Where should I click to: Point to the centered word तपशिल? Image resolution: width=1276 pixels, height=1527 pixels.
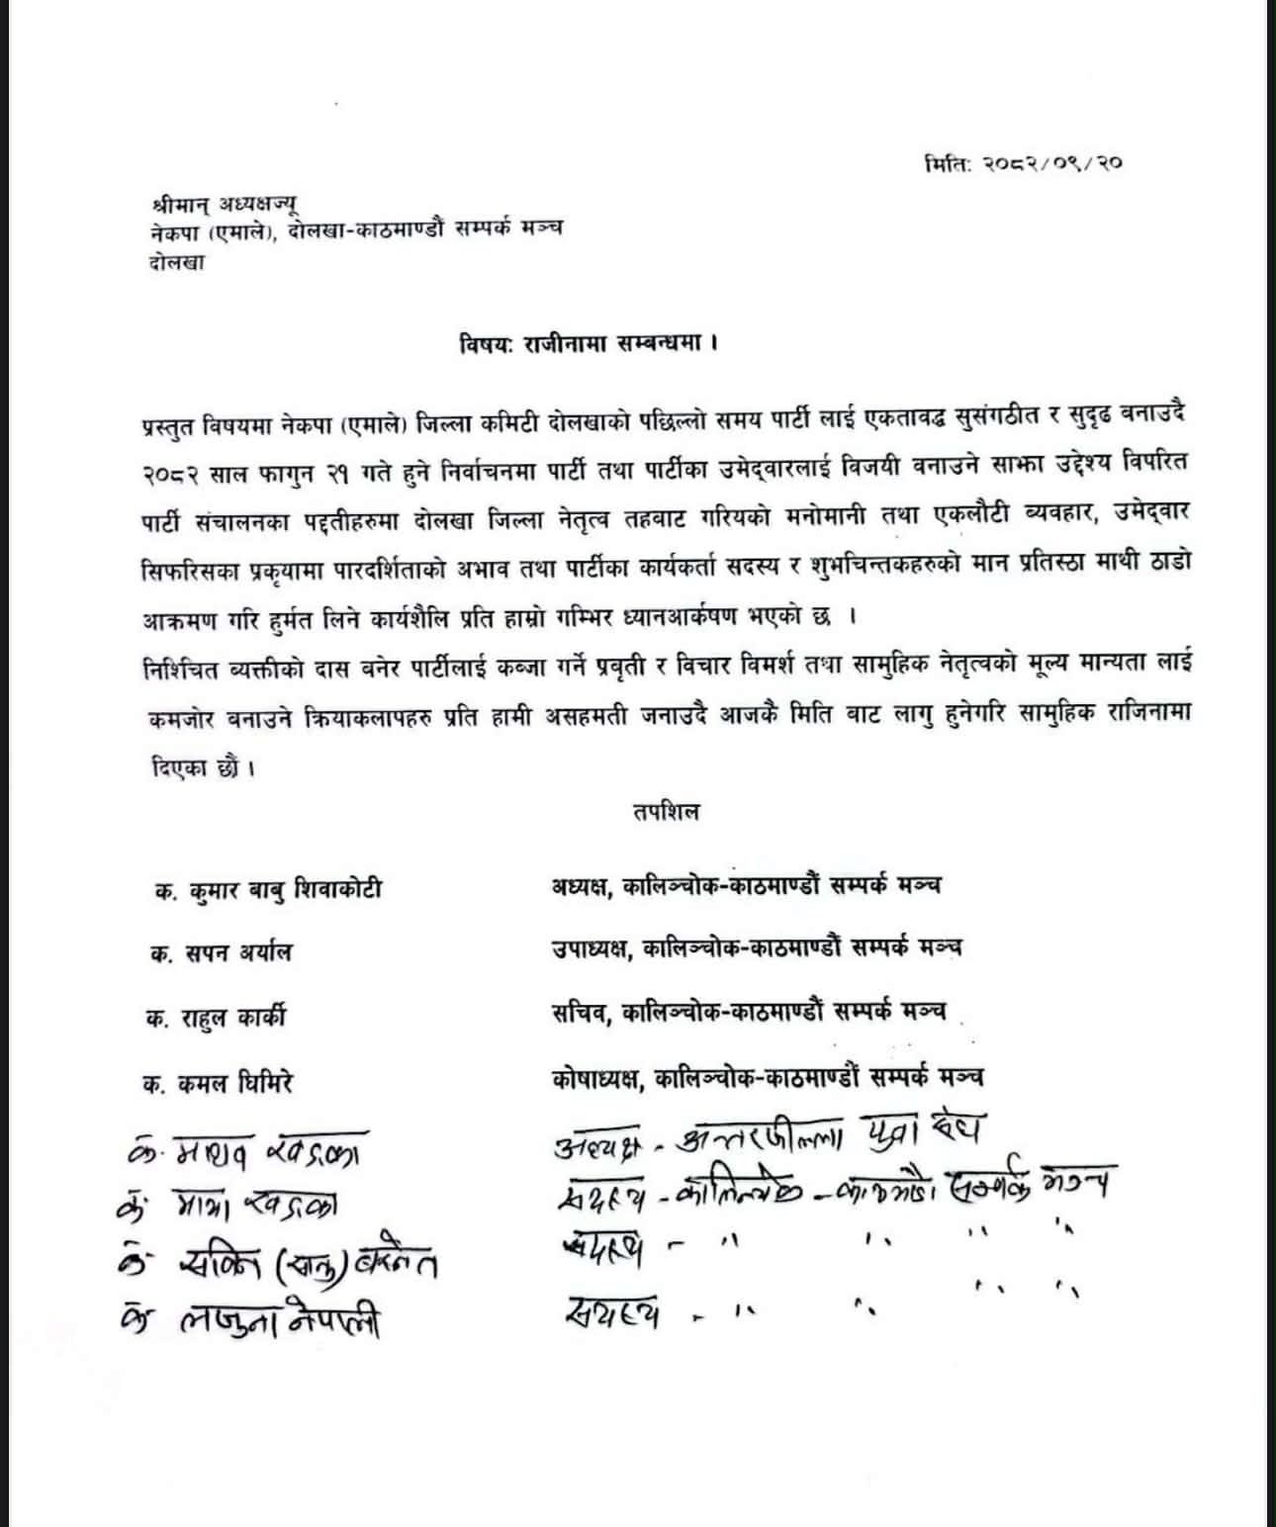[x=665, y=813]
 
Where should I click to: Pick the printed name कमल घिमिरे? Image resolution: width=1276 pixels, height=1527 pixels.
[x=237, y=1082]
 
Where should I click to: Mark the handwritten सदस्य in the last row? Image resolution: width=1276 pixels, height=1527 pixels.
[x=612, y=1312]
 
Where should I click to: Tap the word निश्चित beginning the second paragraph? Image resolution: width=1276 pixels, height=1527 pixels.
[x=180, y=665]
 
